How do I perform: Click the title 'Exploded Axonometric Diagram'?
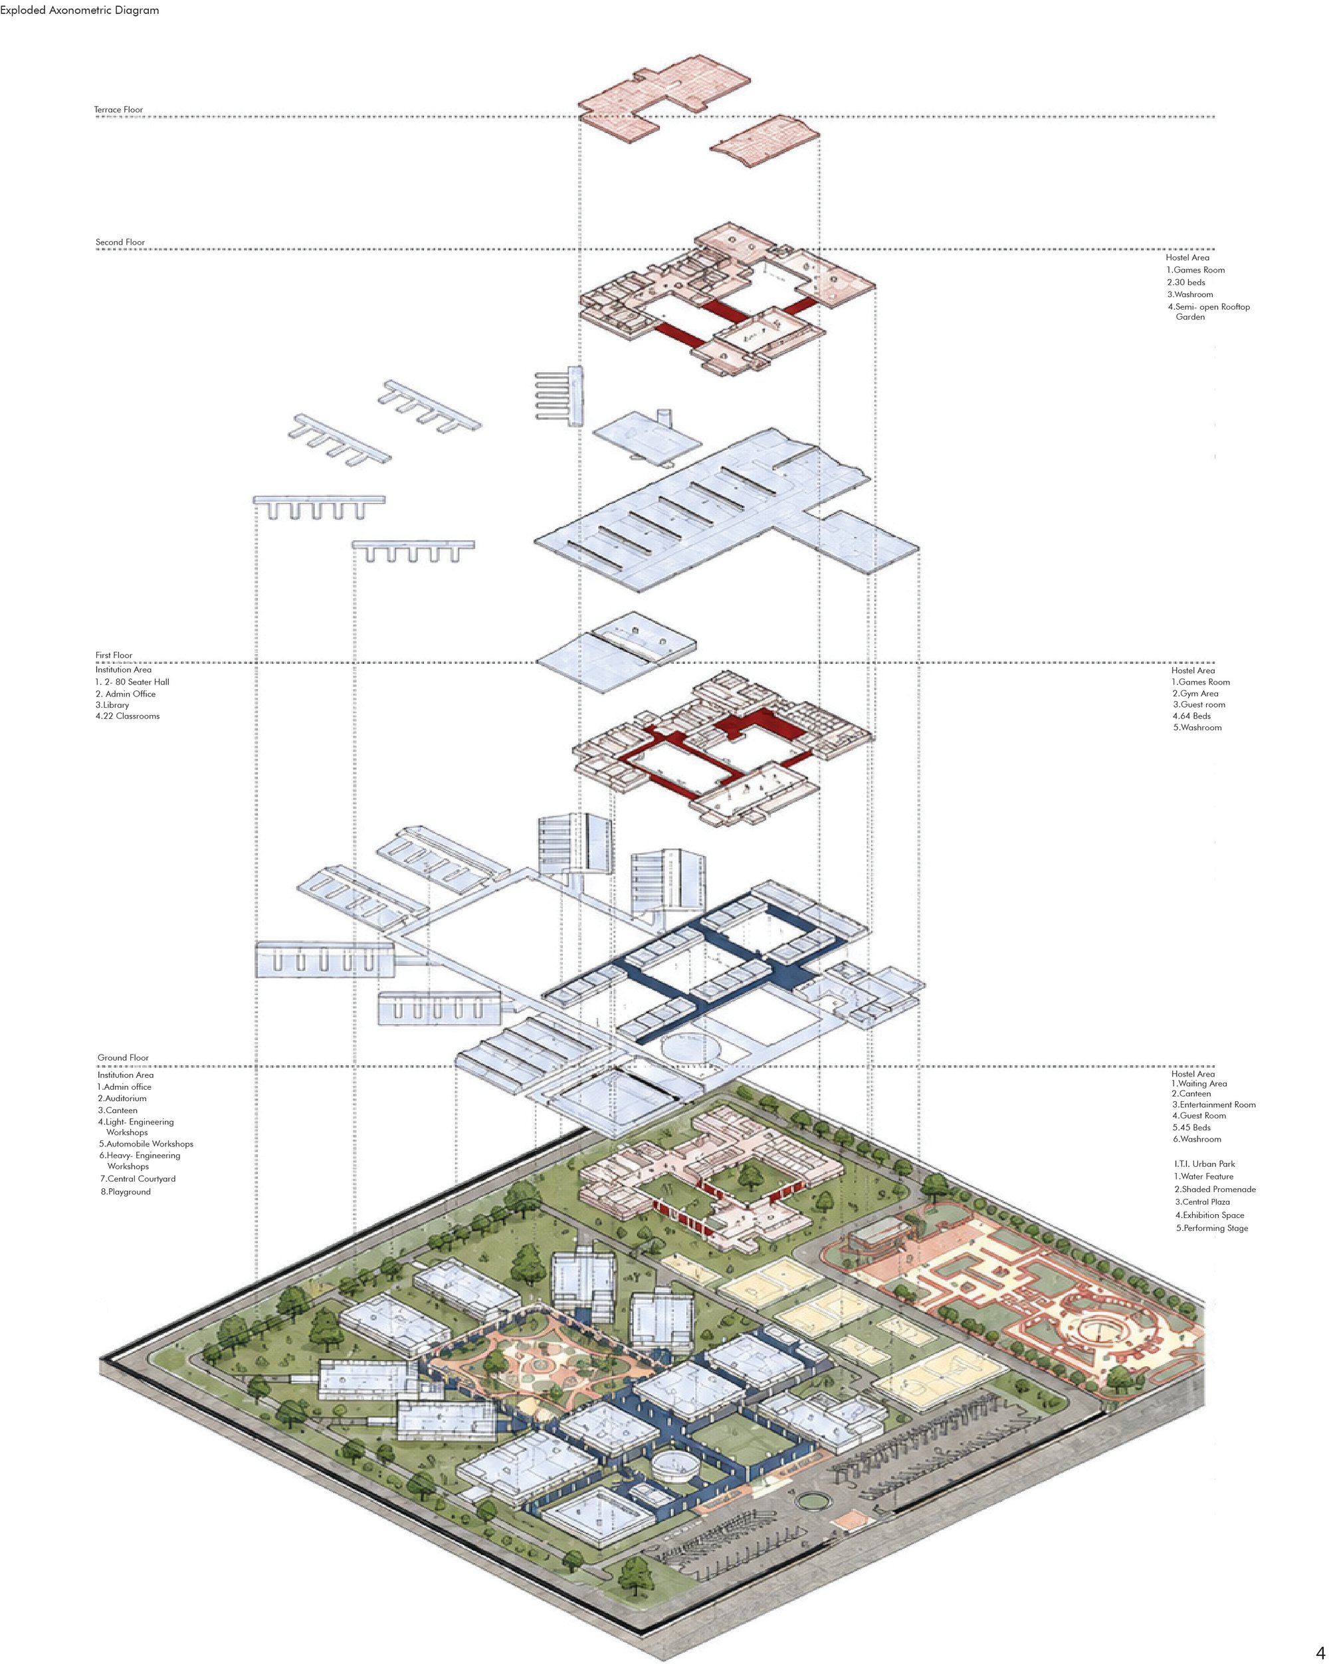80,10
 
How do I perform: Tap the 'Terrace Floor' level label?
119,110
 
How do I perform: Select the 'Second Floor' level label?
120,243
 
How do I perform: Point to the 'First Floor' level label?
114,655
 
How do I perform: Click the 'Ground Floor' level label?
124,1057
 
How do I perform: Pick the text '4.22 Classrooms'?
128,716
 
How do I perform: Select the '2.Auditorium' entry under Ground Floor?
122,1098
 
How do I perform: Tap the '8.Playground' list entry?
126,1192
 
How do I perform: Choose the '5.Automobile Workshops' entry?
147,1144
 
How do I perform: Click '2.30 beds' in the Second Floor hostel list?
1186,282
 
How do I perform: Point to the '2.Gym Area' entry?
1195,694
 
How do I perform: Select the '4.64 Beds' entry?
1191,716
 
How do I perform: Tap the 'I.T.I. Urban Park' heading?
1205,1164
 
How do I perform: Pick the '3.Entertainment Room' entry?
1214,1104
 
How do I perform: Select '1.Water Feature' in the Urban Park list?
1203,1176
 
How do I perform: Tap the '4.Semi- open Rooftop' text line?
1209,306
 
